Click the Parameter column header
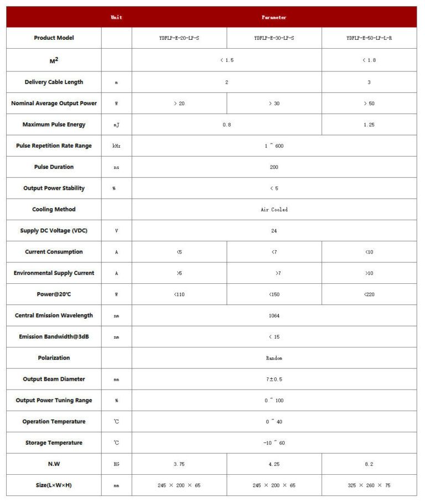[x=274, y=17]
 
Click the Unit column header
[x=116, y=17]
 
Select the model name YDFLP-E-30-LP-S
[x=274, y=38]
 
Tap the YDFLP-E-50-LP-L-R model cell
[x=369, y=38]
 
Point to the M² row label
[x=54, y=60]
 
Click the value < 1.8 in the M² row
[x=369, y=60]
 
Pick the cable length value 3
[x=369, y=82]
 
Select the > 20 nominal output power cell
[x=179, y=103]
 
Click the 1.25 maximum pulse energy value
[x=369, y=125]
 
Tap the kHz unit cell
[x=116, y=146]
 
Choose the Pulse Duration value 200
[x=274, y=167]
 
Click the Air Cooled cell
[x=274, y=210]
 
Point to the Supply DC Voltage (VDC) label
[x=54, y=231]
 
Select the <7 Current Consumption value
[x=274, y=252]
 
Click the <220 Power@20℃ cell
[x=369, y=294]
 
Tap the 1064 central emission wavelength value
[x=274, y=315]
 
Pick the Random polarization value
[x=274, y=358]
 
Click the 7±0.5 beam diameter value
[x=274, y=379]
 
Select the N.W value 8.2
[x=369, y=464]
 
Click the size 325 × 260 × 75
[x=369, y=485]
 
